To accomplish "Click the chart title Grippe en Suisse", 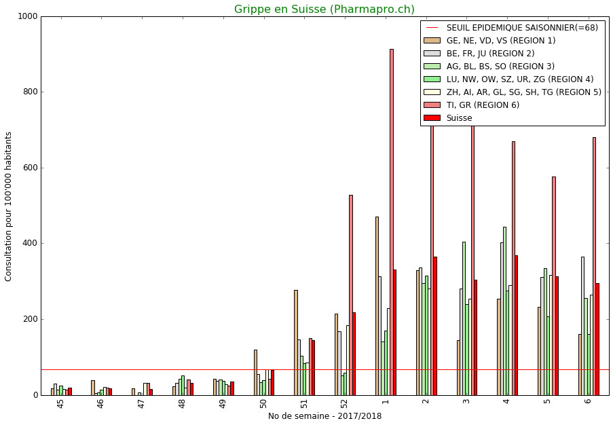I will pos(324,10).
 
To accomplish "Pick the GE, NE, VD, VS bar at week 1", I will pos(377,306).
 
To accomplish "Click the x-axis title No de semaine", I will pos(324,416).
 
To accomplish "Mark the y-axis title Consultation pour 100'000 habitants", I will pos(9,206).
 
